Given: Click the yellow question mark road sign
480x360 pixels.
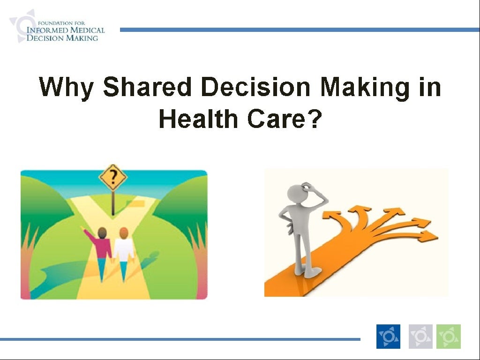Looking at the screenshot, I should pos(113,178).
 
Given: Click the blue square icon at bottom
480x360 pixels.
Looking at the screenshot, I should pos(388,337).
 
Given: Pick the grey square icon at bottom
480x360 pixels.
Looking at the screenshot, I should pos(420,337).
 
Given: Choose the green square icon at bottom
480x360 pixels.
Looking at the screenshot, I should pos(449,337).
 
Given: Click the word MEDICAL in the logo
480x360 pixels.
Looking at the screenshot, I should pos(86,30).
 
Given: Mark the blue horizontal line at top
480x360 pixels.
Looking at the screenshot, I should pos(300,30).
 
